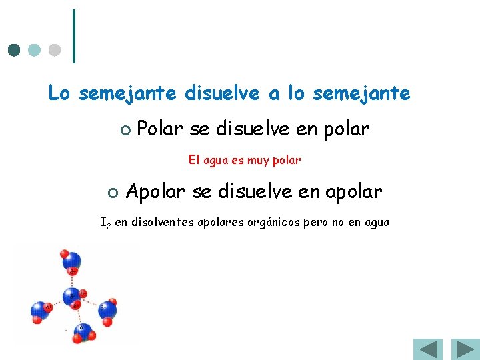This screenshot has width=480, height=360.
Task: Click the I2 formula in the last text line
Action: [x=105, y=222]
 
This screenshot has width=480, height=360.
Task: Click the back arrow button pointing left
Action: [x=427, y=350]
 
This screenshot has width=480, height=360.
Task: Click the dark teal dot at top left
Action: [x=13, y=50]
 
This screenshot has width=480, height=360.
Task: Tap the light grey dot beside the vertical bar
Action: [x=55, y=50]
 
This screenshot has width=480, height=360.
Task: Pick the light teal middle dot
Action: [x=34, y=50]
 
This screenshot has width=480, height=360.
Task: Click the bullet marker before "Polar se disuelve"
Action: [x=124, y=130]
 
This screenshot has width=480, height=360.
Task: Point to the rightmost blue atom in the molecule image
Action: [x=107, y=309]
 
